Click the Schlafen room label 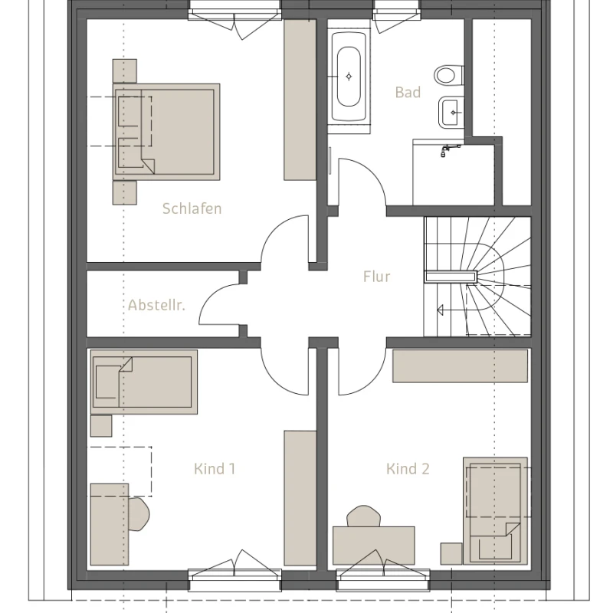192,208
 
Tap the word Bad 408,93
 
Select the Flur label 376,277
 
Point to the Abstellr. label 156,305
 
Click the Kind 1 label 215,469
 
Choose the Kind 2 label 408,469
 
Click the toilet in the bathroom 449,74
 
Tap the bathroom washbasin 451,112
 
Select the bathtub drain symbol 349,77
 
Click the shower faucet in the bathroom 450,149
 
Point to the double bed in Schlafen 166,132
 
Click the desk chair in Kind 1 139,514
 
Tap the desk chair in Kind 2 363,516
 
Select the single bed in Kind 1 144,382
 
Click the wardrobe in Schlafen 300,100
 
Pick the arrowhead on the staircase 441,310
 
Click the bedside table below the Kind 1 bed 101,426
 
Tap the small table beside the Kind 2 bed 451,553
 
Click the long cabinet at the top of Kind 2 461,366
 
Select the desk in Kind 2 373,546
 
